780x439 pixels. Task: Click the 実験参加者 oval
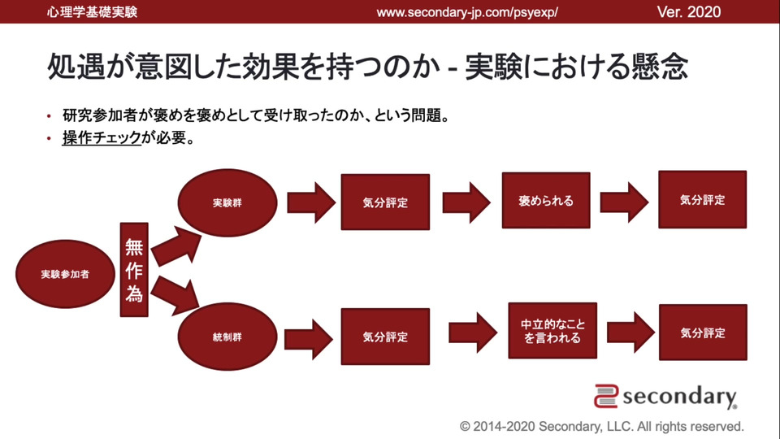click(65, 274)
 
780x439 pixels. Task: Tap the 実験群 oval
click(227, 202)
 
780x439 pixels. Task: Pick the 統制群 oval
click(227, 336)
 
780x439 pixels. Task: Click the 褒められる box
click(545, 200)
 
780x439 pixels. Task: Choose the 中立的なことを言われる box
click(552, 330)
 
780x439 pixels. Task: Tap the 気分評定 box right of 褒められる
click(702, 199)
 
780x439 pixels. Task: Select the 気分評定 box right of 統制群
click(384, 336)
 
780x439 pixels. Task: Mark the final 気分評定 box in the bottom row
click(702, 333)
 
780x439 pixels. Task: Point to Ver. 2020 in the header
click(688, 12)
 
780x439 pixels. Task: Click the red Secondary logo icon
click(607, 396)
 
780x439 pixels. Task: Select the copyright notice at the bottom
click(601, 426)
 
